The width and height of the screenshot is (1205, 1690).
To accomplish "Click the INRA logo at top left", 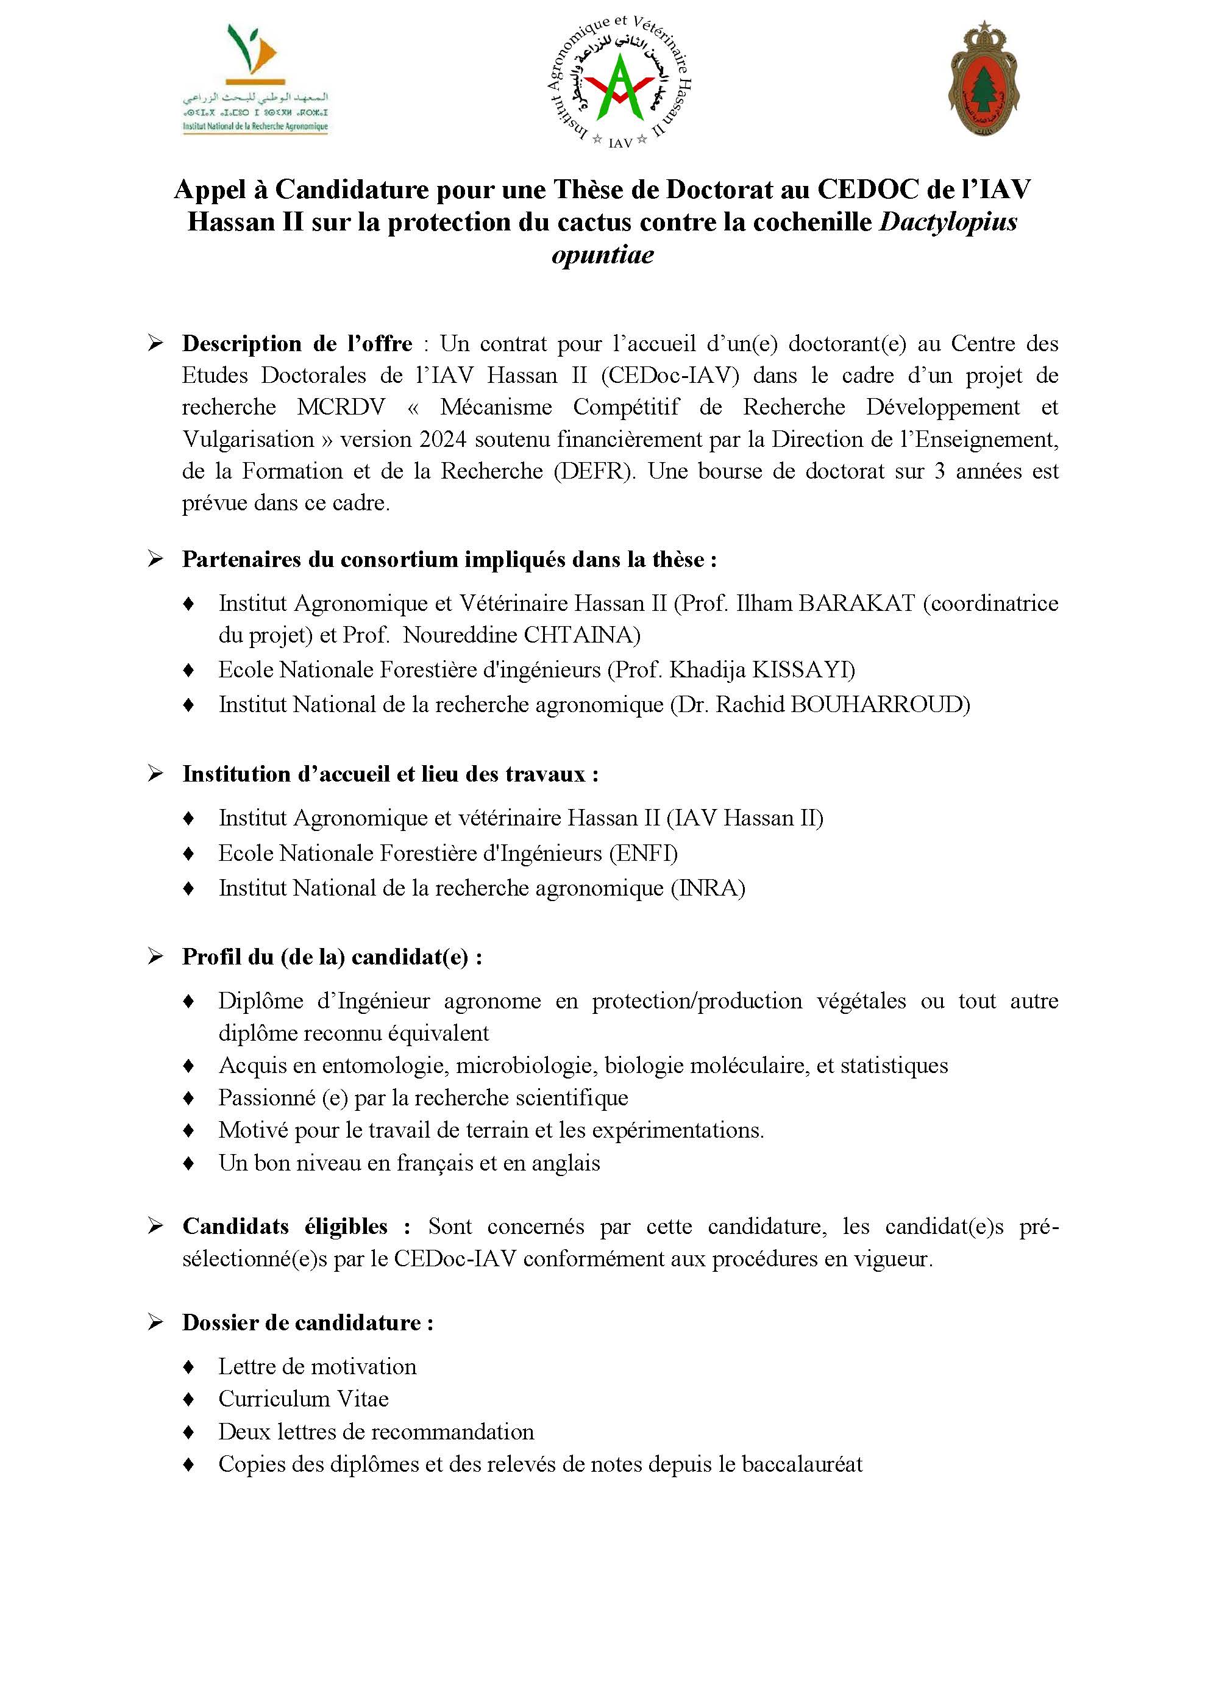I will [255, 78].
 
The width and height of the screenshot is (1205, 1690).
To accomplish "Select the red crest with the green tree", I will [984, 79].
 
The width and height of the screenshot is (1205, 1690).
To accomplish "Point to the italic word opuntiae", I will [602, 255].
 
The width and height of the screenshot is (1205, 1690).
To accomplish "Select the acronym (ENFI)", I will [643, 853].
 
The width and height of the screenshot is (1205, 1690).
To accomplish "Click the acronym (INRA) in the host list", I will [708, 888].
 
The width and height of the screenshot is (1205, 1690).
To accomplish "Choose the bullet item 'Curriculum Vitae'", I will [304, 1399].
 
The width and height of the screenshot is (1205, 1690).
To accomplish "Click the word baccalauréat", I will [802, 1464].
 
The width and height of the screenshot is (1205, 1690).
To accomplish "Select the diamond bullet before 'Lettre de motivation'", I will [188, 1366].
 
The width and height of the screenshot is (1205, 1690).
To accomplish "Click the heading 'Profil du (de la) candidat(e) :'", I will [332, 957].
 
